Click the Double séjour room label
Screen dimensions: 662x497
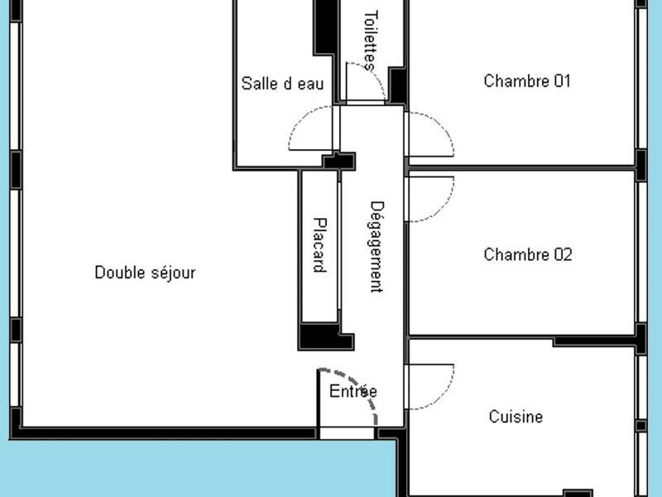(146, 273)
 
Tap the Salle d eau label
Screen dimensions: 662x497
(282, 84)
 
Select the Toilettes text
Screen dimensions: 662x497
(370, 41)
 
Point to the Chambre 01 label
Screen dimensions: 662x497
(527, 80)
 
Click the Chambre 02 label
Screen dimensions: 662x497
(528, 254)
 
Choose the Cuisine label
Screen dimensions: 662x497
(516, 417)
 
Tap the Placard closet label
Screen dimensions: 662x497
(320, 245)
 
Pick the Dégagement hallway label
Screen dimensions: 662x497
(377, 247)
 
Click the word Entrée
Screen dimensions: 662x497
(353, 391)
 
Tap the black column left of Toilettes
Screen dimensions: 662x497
(326, 28)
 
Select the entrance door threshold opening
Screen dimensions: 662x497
(347, 433)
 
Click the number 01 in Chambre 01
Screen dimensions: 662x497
(563, 80)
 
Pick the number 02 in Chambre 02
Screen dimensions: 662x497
(564, 254)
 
